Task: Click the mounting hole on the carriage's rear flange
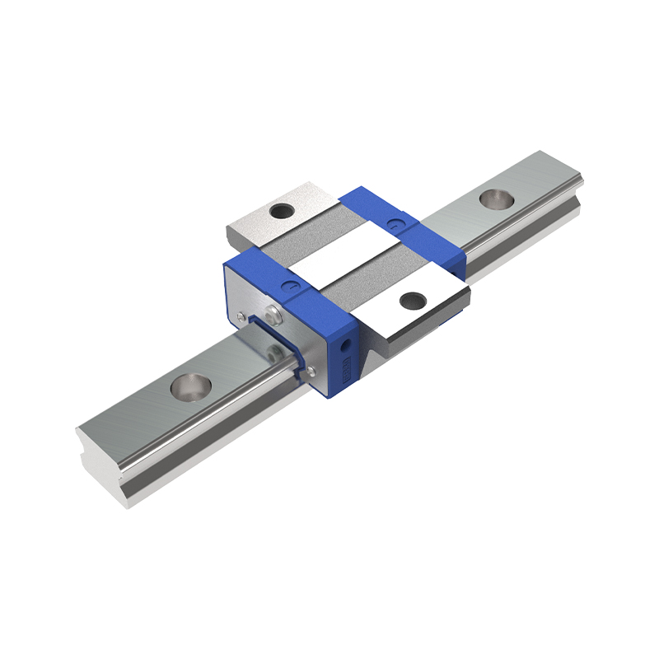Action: click(x=283, y=211)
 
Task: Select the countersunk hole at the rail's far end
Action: click(x=495, y=199)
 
